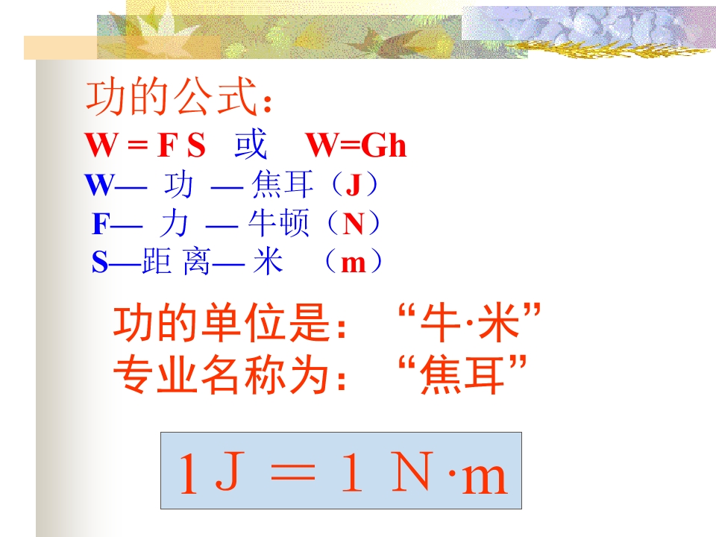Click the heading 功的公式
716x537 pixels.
(179, 99)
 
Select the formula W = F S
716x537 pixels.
(145, 146)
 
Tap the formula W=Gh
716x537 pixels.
(357, 146)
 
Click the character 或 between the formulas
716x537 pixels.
(251, 145)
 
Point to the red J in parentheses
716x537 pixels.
(353, 185)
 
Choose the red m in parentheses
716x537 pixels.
(353, 263)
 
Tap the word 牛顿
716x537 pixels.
(279, 224)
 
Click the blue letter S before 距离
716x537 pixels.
(100, 263)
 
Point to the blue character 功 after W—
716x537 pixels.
(177, 185)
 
